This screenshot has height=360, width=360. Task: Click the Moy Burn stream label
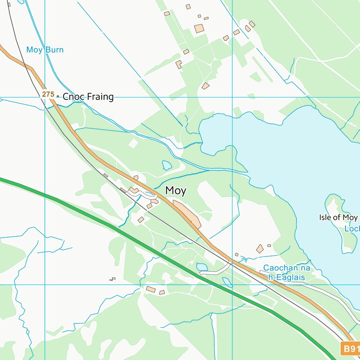[x=45, y=50]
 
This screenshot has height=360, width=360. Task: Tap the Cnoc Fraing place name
[x=88, y=97]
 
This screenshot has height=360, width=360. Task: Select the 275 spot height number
[x=48, y=94]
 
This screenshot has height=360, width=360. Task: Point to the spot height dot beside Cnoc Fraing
[x=58, y=97]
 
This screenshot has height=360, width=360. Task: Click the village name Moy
[x=176, y=191]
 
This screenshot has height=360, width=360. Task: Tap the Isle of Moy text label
[x=338, y=217]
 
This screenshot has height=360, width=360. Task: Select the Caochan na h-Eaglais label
[x=286, y=273]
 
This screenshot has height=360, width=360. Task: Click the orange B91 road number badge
[x=350, y=349]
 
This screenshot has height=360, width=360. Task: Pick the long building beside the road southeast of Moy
[x=187, y=214]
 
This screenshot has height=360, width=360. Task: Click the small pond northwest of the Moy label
[x=167, y=165]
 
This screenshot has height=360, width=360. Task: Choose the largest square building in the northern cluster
[x=199, y=29]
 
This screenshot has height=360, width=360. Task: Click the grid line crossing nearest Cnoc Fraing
[x=45, y=97]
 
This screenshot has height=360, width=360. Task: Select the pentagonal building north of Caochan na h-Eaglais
[x=260, y=248]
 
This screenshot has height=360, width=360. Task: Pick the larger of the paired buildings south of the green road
[x=151, y=289]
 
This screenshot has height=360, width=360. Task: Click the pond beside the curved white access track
[x=202, y=267]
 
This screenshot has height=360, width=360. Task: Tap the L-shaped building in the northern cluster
[x=179, y=64]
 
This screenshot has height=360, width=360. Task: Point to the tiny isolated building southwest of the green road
[x=112, y=279]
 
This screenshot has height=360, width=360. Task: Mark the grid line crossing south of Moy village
[x=232, y=285]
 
